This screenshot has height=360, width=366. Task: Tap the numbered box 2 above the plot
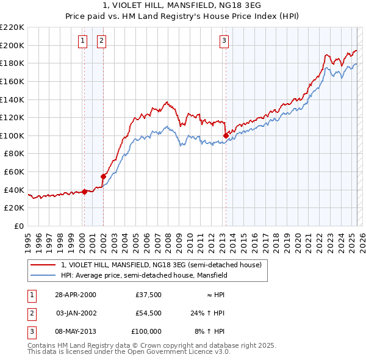click(x=101, y=41)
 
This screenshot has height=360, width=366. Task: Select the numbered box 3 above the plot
click(x=224, y=41)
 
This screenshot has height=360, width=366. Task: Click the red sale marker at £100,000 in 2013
click(x=226, y=135)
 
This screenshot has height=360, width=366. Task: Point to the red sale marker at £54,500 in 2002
click(x=103, y=176)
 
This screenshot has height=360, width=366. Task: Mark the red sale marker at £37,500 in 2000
click(x=85, y=192)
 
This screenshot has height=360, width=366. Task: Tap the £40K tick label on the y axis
click(x=15, y=190)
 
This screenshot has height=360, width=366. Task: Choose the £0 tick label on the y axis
click(x=19, y=226)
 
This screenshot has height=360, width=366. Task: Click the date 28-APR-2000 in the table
click(x=76, y=295)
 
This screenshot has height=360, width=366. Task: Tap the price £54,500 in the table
click(x=148, y=313)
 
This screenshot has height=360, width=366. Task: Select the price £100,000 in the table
click(x=146, y=331)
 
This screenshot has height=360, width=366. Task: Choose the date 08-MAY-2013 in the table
click(x=76, y=331)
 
